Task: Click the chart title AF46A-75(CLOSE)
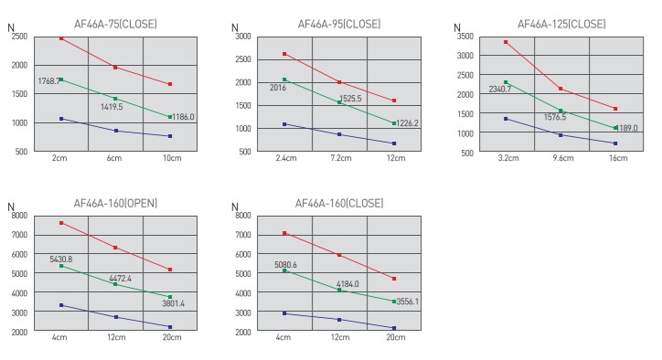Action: [x=115, y=24]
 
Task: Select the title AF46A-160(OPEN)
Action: [x=115, y=204]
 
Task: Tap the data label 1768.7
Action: [x=48, y=81]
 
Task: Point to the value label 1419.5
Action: [x=112, y=107]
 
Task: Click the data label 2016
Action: [x=278, y=88]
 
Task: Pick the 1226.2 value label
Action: [x=407, y=123]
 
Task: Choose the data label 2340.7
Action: [x=500, y=90]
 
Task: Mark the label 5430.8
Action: [x=60, y=259]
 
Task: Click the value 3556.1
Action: [x=408, y=302]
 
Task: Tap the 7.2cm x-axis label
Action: [x=341, y=158]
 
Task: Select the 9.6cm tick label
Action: [x=562, y=158]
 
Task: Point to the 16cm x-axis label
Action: [x=618, y=158]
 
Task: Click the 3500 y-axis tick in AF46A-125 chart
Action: [x=465, y=37]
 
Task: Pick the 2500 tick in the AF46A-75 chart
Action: [x=19, y=37]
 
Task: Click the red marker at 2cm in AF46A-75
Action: [x=61, y=38]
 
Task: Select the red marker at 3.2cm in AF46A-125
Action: [x=506, y=42]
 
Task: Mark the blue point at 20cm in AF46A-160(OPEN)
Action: [x=170, y=327]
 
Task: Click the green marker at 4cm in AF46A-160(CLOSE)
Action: [x=284, y=270]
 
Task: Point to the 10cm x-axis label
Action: [x=172, y=158]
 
